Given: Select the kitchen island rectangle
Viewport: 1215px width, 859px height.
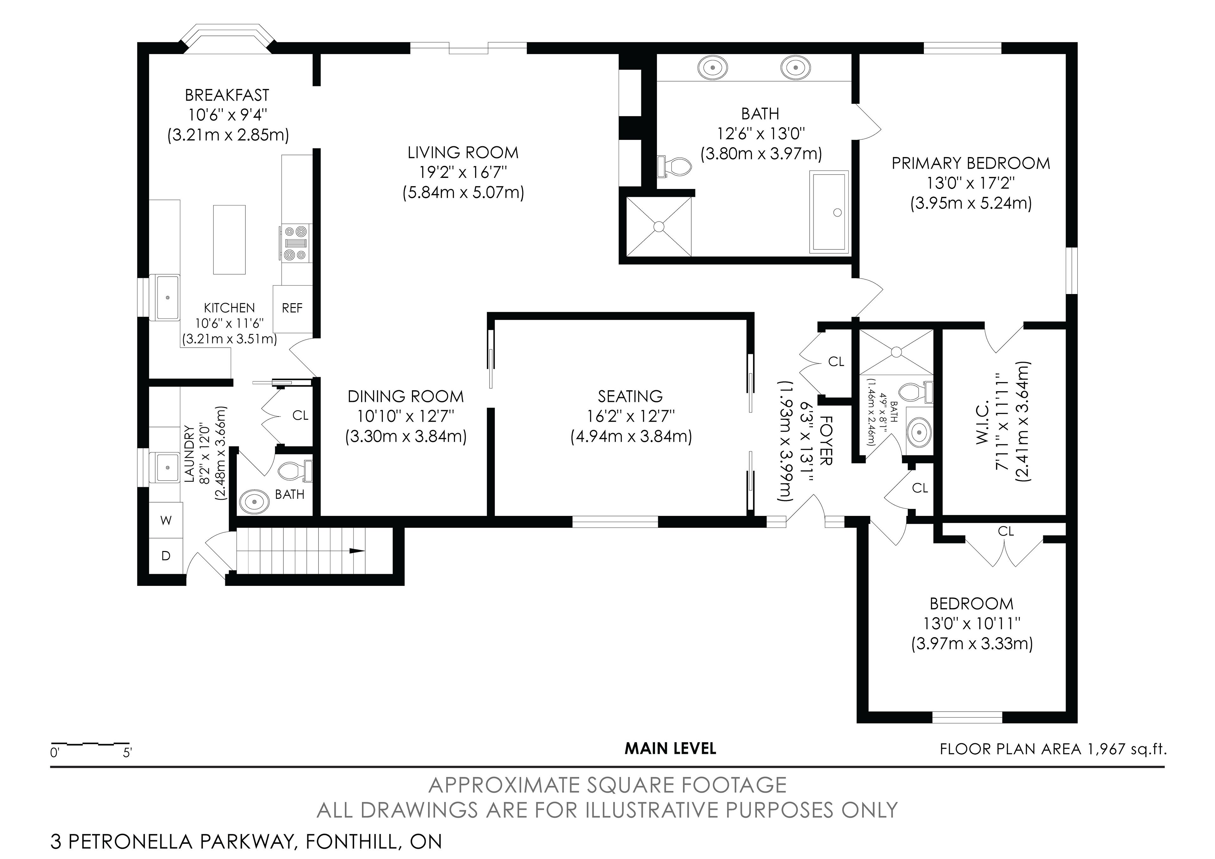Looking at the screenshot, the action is point(229,240).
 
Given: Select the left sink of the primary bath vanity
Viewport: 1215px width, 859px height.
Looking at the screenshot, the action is point(713,68).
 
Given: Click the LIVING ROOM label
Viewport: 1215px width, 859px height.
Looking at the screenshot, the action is point(463,153).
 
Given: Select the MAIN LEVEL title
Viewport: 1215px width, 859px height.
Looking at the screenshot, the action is point(670,749).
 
